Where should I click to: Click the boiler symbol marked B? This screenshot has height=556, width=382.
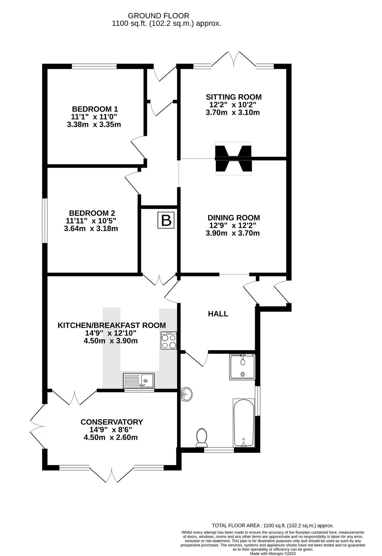(166, 221)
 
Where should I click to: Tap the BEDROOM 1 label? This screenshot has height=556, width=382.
(95, 109)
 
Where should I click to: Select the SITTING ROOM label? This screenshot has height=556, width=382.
(234, 97)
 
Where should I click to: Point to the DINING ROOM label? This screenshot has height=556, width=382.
(234, 217)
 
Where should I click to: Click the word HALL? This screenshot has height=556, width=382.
(218, 314)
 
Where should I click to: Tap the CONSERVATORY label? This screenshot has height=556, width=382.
(112, 422)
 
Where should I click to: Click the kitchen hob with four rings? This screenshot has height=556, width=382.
(169, 341)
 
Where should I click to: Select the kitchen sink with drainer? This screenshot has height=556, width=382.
(139, 380)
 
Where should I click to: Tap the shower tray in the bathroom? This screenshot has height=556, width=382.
(242, 367)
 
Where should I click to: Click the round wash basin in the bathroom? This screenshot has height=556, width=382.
(186, 394)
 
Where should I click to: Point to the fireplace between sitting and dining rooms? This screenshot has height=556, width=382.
(234, 158)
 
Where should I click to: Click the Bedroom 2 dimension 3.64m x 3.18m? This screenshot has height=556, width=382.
(91, 229)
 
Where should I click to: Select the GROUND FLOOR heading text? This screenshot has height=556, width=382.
(158, 15)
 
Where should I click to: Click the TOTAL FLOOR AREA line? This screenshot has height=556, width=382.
(273, 525)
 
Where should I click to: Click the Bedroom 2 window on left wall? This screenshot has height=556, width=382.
(45, 221)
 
